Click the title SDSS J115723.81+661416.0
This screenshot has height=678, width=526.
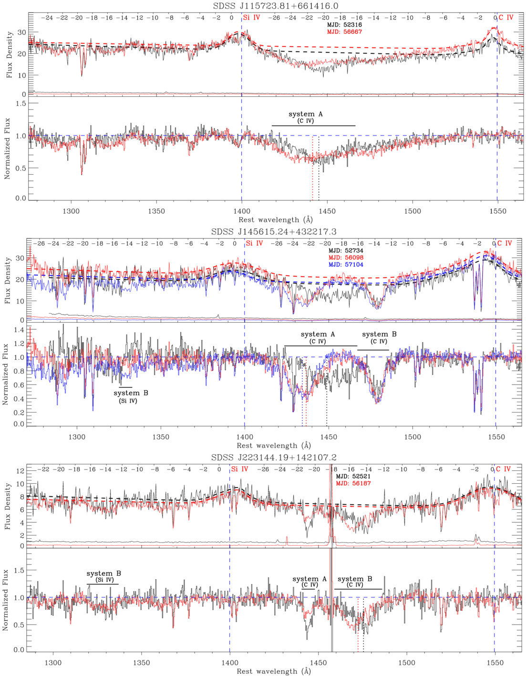tap(276, 6)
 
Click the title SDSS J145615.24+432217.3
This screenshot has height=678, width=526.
tap(274, 231)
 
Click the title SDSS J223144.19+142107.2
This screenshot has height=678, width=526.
tap(274, 457)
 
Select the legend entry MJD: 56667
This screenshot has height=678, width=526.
tap(344, 32)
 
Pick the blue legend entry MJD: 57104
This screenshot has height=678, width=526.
tap(346, 264)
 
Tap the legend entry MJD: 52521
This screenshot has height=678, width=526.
tap(353, 476)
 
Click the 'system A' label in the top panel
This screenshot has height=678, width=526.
tap(306, 115)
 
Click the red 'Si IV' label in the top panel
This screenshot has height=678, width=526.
tap(252, 18)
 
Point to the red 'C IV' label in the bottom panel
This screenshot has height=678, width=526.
tap(503, 469)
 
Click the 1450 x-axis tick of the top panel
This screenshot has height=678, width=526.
tap(327, 211)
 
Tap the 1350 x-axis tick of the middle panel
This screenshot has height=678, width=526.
tap(161, 437)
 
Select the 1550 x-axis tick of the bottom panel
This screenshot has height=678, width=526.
tap(495, 662)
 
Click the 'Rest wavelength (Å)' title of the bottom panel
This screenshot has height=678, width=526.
tap(274, 671)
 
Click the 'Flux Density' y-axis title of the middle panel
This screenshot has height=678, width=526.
tap(7, 280)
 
